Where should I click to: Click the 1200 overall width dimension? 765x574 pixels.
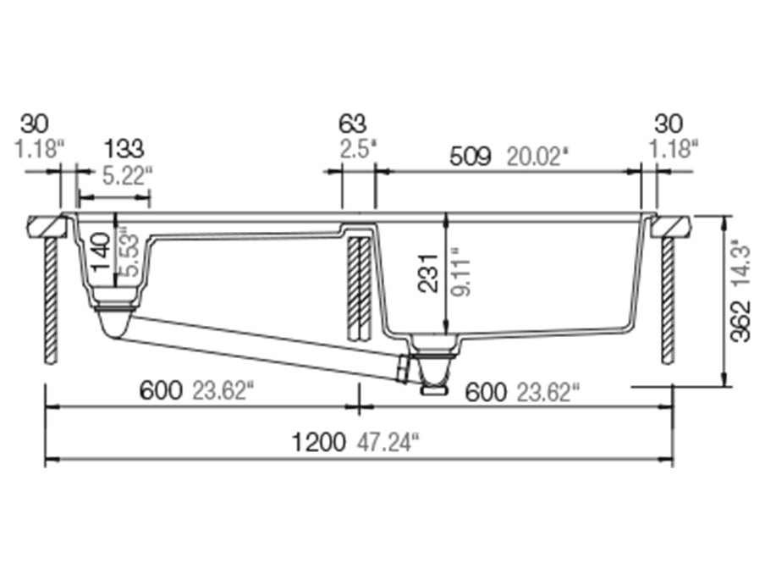pyautogui.click(x=318, y=442)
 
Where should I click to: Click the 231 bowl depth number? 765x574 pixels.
pyautogui.click(x=430, y=273)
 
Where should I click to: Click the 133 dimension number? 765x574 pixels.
pyautogui.click(x=124, y=150)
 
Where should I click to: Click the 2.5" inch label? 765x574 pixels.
pyautogui.click(x=355, y=150)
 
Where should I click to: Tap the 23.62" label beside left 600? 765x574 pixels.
pyautogui.click(x=223, y=391)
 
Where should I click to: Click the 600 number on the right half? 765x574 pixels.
pyautogui.click(x=485, y=391)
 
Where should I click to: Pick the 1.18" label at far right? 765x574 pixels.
pyautogui.click(x=674, y=150)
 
